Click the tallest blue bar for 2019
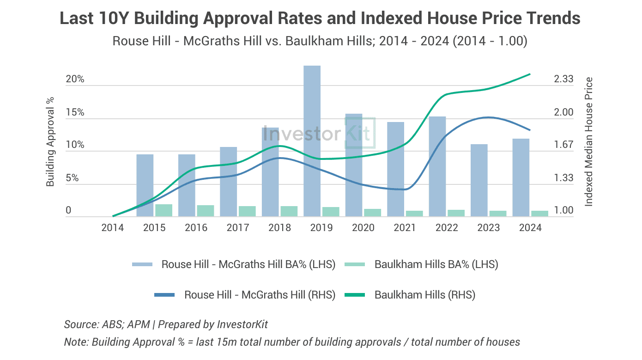(x=312, y=141)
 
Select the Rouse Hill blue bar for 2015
(x=145, y=185)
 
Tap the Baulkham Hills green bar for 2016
(x=206, y=211)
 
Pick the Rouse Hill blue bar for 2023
(x=479, y=180)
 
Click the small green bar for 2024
(x=539, y=214)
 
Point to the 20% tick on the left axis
(x=75, y=79)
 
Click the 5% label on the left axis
(x=72, y=178)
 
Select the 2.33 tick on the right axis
(x=563, y=79)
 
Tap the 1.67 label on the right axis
(x=563, y=144)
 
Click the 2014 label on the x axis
(x=113, y=228)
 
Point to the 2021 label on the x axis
(x=405, y=228)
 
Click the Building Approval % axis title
(x=50, y=142)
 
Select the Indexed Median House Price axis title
(x=588, y=142)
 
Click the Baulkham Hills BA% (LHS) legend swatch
(x=355, y=264)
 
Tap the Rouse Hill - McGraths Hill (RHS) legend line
(x=164, y=295)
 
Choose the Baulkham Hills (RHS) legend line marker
(x=355, y=295)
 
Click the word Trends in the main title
(x=553, y=18)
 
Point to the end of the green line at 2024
(x=530, y=74)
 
